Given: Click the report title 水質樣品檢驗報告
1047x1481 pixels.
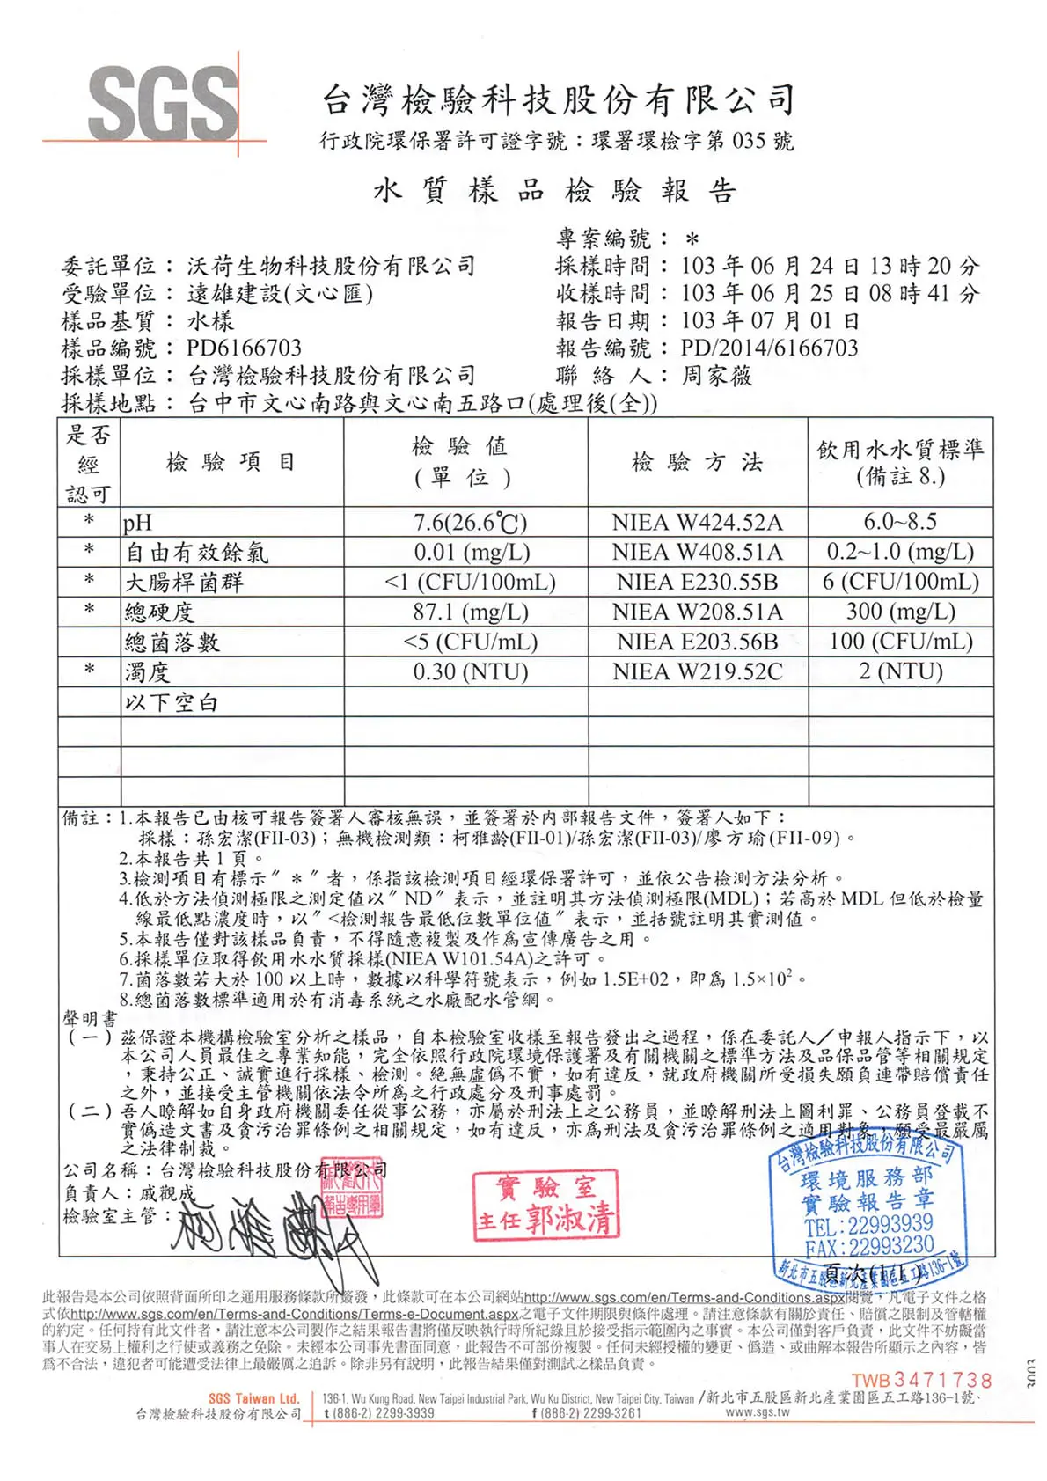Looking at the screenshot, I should click(x=555, y=190).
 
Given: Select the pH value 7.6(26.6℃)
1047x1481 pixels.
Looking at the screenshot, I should click(x=470, y=523).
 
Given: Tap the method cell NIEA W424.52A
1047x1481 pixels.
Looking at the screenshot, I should click(x=697, y=523).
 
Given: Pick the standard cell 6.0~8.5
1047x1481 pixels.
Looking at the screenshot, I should click(x=899, y=522).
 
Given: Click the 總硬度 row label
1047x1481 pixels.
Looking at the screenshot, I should click(x=159, y=612).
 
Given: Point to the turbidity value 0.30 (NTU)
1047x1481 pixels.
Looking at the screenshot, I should click(x=470, y=672).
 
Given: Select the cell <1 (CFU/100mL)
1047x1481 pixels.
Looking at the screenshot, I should click(x=470, y=583).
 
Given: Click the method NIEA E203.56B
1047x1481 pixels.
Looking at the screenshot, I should click(x=697, y=642).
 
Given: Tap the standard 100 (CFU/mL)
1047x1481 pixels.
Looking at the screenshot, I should click(x=900, y=642).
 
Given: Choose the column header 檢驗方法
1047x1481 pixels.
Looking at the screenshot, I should click(x=697, y=462).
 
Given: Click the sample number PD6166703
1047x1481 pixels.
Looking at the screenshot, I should click(x=244, y=348).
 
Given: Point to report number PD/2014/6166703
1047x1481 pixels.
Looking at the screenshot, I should click(x=769, y=348).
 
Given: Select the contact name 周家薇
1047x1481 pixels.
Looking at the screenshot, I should click(x=717, y=377).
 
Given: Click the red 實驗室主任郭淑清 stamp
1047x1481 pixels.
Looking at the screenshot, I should click(x=545, y=1206).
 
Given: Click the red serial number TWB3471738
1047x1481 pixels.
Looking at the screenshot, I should click(x=921, y=1380).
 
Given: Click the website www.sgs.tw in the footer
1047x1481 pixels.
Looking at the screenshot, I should click(x=758, y=1412).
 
